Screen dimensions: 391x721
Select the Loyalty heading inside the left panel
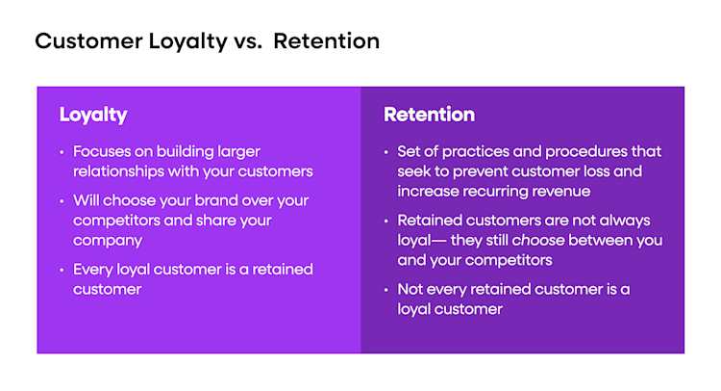(x=93, y=115)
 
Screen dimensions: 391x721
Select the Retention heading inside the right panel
(x=429, y=115)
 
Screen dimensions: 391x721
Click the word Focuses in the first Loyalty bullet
(x=103, y=152)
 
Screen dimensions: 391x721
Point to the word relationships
(x=123, y=172)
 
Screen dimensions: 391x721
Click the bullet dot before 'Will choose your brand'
(x=62, y=202)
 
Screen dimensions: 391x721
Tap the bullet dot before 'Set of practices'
(x=386, y=153)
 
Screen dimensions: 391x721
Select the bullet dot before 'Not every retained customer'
(x=386, y=290)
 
